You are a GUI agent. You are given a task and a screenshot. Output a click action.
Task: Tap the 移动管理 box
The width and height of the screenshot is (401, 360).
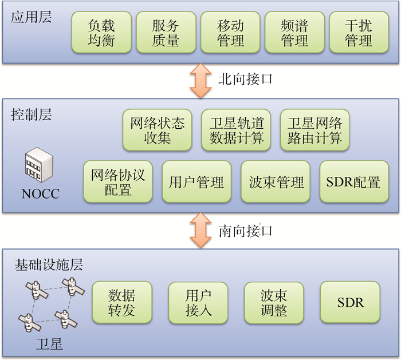230,33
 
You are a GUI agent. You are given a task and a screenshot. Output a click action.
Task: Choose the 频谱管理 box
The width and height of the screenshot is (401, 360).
295,33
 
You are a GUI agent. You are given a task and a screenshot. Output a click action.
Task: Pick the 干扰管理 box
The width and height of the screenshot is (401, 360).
359,33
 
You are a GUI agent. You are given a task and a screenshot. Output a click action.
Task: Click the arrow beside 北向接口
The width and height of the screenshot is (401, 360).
200,80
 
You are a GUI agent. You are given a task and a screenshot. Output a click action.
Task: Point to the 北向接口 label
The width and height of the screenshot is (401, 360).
245,80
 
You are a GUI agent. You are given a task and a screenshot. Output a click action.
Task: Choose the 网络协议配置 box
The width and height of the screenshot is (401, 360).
118,182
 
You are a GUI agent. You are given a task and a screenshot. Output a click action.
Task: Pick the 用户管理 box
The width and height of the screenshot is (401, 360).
196,182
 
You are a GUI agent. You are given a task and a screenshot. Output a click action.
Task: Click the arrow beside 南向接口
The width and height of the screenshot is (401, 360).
200,231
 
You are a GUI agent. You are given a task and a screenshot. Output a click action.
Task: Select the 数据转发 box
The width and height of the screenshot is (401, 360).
122,302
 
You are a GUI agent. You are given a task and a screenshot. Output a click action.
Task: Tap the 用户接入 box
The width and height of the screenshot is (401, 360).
198,302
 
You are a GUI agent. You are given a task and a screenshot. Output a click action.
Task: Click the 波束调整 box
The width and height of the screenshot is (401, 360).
274,302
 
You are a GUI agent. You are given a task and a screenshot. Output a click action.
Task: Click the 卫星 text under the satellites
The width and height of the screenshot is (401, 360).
49,345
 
